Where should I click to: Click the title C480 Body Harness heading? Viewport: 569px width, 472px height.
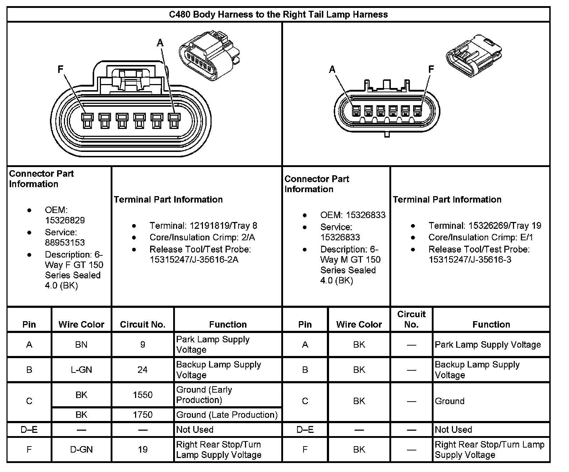[278, 15]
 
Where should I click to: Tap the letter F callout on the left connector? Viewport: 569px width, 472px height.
[61, 69]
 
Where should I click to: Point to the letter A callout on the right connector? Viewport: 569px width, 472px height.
[332, 69]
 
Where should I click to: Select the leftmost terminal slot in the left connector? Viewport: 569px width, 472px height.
[87, 121]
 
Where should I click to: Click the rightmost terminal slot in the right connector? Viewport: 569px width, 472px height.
[417, 111]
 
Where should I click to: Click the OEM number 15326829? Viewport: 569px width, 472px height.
[65, 220]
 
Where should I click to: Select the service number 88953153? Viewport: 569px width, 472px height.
[65, 242]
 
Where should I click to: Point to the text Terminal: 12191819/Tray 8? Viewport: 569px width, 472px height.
[203, 226]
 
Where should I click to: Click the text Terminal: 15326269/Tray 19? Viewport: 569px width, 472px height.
[485, 226]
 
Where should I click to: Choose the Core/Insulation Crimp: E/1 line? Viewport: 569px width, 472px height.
[481, 237]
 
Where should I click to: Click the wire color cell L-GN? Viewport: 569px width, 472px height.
[82, 370]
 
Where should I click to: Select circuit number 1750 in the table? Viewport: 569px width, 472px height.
[143, 415]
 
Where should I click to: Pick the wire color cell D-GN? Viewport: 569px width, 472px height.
[82, 449]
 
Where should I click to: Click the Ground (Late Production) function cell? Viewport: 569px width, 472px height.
[227, 415]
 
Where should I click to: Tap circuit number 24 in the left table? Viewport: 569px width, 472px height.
[143, 370]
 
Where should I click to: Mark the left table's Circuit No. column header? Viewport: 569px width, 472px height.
[143, 324]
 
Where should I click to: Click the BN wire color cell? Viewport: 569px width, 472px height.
[82, 344]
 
